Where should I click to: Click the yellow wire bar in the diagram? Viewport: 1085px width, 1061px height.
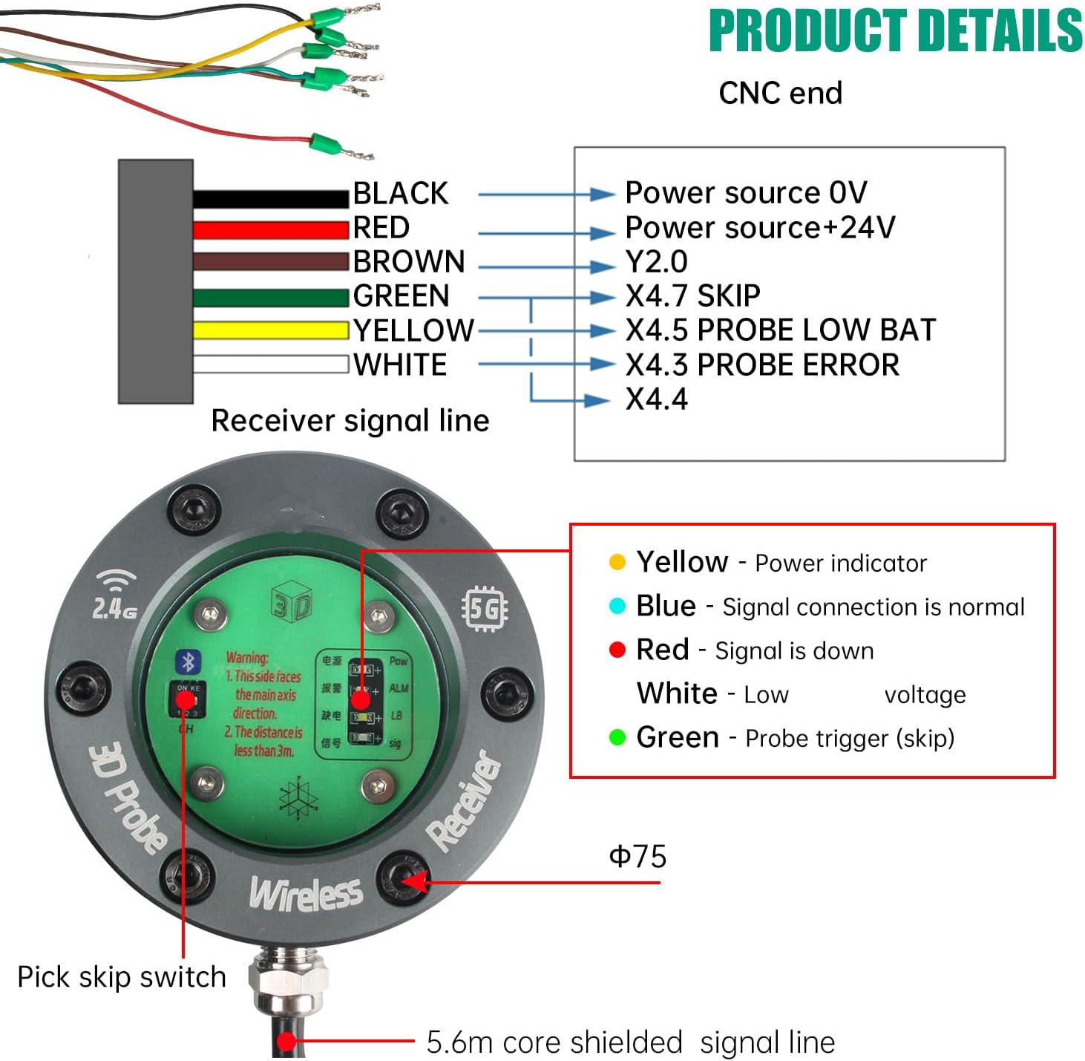[271, 330]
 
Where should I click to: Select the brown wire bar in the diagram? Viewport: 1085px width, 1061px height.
[271, 261]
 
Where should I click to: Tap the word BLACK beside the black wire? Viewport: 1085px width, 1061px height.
[400, 193]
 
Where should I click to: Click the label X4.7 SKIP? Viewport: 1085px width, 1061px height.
[692, 296]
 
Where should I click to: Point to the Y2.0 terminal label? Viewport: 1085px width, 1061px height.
[656, 261]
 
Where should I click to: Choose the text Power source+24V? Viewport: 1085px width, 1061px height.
[760, 227]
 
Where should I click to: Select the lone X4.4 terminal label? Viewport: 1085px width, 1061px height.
[656, 399]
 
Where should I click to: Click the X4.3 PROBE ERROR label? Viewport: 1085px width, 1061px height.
[761, 365]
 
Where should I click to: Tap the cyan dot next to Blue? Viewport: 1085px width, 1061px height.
[617, 606]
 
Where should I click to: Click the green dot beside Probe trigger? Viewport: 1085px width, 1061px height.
[617, 737]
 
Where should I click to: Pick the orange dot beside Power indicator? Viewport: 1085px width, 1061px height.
[617, 562]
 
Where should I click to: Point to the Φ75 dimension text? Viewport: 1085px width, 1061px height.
[637, 857]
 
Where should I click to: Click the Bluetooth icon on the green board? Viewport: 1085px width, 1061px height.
[188, 661]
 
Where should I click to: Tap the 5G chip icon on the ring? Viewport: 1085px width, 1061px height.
[485, 610]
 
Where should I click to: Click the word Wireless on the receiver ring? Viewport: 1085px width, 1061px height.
[306, 893]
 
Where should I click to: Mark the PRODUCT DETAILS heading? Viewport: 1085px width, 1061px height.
[895, 31]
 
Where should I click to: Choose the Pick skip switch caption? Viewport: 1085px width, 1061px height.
[122, 977]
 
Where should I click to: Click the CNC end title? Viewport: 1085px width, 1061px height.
[780, 94]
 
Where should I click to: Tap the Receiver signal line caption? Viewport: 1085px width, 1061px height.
[350, 421]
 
